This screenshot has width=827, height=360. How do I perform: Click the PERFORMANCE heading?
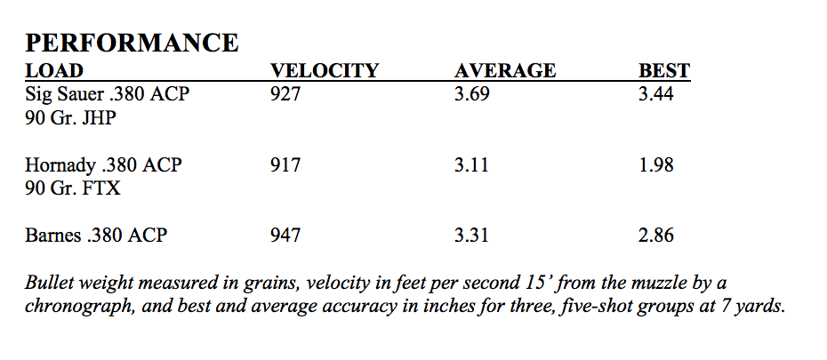click(131, 43)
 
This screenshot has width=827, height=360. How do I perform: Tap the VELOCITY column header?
click(324, 71)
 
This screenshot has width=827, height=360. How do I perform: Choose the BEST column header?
click(664, 71)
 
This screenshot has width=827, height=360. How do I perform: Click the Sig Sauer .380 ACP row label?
click(107, 94)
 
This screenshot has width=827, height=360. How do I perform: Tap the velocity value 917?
click(285, 165)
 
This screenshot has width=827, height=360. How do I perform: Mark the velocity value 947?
click(285, 236)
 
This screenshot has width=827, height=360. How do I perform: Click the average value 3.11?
click(471, 165)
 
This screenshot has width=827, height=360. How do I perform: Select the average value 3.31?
click(471, 236)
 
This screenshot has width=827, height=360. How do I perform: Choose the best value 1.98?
click(655, 165)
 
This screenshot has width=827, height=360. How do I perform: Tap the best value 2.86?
click(655, 236)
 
